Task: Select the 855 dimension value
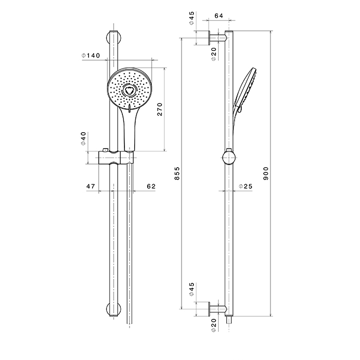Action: pyautogui.click(x=177, y=175)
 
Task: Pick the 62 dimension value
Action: pyautogui.click(x=151, y=186)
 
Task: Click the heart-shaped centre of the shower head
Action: pyautogui.click(x=129, y=92)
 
